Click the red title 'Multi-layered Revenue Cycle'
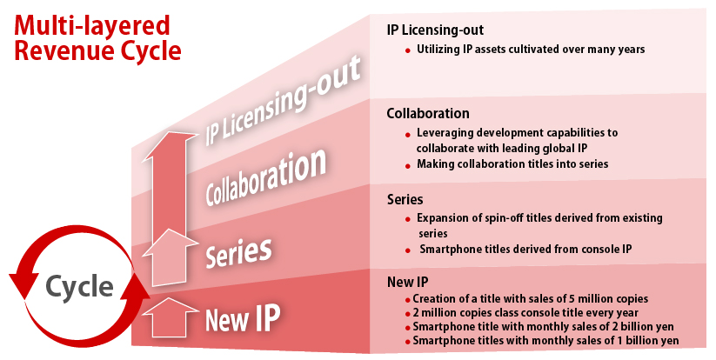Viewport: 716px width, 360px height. click(97, 38)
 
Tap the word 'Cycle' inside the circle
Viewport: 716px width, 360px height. click(79, 287)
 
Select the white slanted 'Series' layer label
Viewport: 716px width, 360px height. click(238, 252)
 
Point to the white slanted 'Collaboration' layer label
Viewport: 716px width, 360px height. click(265, 176)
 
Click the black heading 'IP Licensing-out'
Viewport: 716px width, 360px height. click(435, 30)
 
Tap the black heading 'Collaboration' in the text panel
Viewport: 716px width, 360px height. click(428, 113)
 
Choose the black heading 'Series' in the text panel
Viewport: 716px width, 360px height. click(405, 199)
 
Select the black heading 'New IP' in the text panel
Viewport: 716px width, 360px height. click(408, 282)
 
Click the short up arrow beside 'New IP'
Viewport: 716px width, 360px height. click(171, 317)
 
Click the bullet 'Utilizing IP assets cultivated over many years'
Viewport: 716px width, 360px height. click(531, 50)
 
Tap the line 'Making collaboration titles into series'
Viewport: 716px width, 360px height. click(512, 163)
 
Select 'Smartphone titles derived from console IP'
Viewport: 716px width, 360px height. click(525, 249)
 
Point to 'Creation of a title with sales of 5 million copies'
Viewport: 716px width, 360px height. click(530, 299)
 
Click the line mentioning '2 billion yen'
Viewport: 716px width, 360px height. click(544, 327)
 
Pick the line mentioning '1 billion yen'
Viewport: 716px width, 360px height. click(545, 340)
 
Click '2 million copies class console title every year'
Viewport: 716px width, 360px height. click(525, 313)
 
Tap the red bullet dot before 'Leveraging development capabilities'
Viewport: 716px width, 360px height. click(408, 135)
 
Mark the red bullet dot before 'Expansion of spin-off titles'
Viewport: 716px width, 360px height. click(408, 220)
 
